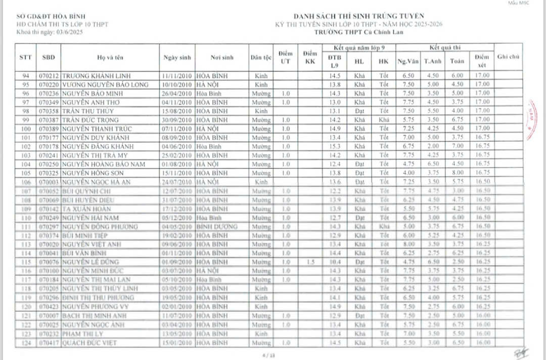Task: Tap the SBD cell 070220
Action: tap(49, 84)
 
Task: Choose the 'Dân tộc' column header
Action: tap(261, 58)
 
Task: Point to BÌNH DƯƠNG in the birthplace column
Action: tap(216, 227)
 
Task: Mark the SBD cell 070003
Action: tap(49, 182)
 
